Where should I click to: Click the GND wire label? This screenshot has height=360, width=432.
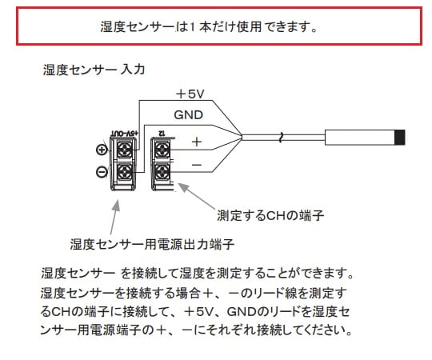tap(188, 114)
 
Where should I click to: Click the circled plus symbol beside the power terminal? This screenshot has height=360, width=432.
tap(102, 150)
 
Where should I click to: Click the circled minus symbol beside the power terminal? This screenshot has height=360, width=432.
tap(102, 171)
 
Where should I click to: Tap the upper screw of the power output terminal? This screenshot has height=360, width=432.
tap(126, 149)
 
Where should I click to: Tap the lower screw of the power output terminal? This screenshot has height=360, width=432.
tap(126, 170)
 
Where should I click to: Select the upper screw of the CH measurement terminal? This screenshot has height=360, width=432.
tap(162, 149)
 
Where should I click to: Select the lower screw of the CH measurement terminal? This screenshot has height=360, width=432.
tap(162, 170)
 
